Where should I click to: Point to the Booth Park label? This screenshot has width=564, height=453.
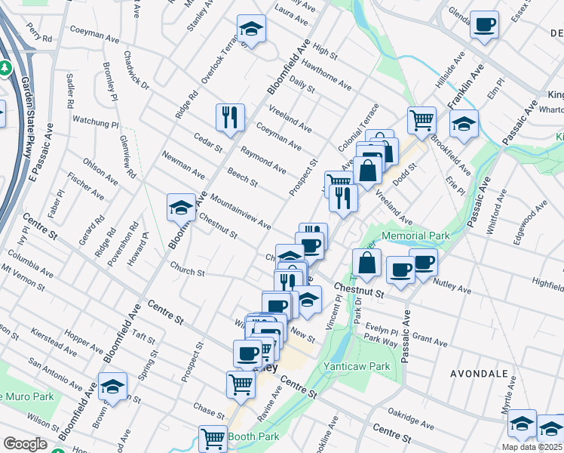pyautogui.click(x=253, y=436)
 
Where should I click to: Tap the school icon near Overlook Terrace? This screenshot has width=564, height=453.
pyautogui.click(x=252, y=29)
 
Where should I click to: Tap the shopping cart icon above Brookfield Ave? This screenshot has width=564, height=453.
pyautogui.click(x=421, y=119)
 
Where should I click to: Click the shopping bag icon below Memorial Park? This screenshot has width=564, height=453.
pyautogui.click(x=366, y=263)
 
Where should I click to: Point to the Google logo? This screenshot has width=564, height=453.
pyautogui.click(x=26, y=445)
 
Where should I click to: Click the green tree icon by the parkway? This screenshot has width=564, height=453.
pyautogui.click(x=5, y=69)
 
